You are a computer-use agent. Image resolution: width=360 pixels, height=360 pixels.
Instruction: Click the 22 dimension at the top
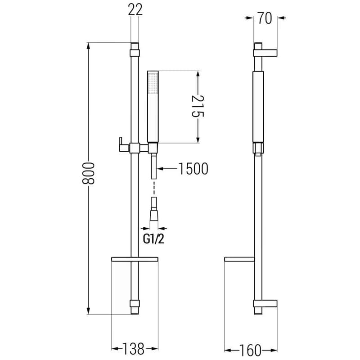click(x=135, y=9)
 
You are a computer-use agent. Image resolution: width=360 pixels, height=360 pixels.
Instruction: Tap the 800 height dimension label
click(x=88, y=173)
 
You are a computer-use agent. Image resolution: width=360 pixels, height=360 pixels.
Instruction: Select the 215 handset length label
click(x=198, y=106)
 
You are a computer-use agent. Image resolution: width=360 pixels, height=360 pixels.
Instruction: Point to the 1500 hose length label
click(x=193, y=169)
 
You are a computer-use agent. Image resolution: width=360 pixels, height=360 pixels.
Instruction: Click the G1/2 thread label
click(x=153, y=239)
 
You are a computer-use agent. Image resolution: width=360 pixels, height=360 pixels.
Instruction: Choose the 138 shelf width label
click(x=133, y=349)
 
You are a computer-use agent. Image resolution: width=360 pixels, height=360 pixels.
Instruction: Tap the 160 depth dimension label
click(x=250, y=351)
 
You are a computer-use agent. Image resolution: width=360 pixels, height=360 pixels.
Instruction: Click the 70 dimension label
click(x=265, y=18)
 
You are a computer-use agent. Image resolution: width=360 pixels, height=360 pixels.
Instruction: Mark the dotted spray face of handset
click(x=153, y=83)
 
